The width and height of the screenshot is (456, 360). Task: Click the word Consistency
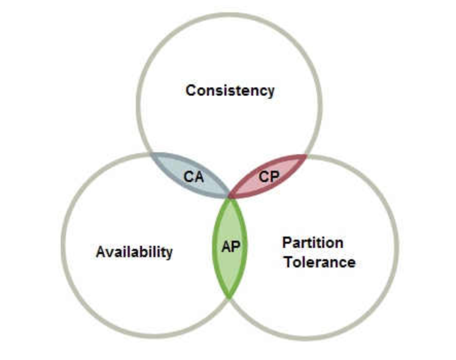coord(230,91)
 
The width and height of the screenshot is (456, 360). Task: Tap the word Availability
coord(134,252)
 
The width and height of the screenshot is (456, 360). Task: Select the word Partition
coord(313,243)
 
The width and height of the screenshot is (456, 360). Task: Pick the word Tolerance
coord(320,262)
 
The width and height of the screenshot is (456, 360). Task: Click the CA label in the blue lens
coord(194,177)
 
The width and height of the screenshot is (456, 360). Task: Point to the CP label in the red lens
coord(269,176)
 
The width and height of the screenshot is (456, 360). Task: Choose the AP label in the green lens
coord(231,247)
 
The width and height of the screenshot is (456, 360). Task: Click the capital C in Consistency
coord(191,91)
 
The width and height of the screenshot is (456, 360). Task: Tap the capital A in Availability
coord(101,251)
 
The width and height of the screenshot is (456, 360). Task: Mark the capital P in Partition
coord(287,242)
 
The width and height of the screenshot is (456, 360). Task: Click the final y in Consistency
coord(270,93)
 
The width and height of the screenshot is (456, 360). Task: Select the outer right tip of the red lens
coord(306,156)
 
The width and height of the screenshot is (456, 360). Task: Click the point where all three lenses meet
coord(230,197)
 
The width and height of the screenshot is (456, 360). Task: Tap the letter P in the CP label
coord(274,176)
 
